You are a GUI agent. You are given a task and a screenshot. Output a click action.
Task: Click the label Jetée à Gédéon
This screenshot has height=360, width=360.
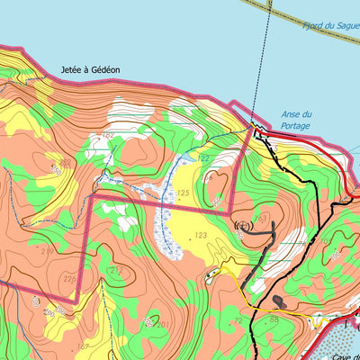click(89, 69)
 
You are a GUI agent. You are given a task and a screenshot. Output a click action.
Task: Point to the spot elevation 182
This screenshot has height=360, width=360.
click(109, 135)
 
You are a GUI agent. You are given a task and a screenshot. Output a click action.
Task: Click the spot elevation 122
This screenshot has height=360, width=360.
click(203, 158)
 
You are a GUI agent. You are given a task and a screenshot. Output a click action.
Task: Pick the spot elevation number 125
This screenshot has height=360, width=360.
click(183, 193)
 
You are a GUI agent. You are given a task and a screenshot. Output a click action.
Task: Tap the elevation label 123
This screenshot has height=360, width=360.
click(200, 235)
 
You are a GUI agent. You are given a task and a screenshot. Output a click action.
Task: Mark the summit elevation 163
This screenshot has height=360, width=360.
click(261, 217)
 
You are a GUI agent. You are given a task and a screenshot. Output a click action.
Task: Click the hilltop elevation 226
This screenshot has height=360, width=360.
click(69, 278)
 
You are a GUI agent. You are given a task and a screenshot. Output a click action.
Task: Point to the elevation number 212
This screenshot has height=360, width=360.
click(114, 270)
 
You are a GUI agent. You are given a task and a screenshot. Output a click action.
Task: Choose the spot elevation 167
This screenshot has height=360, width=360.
click(82, 346)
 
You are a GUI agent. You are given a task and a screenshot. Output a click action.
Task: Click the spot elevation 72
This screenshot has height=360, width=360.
click(237, 319)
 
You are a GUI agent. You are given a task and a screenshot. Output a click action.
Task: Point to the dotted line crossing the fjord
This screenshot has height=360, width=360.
click(262, 63)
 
